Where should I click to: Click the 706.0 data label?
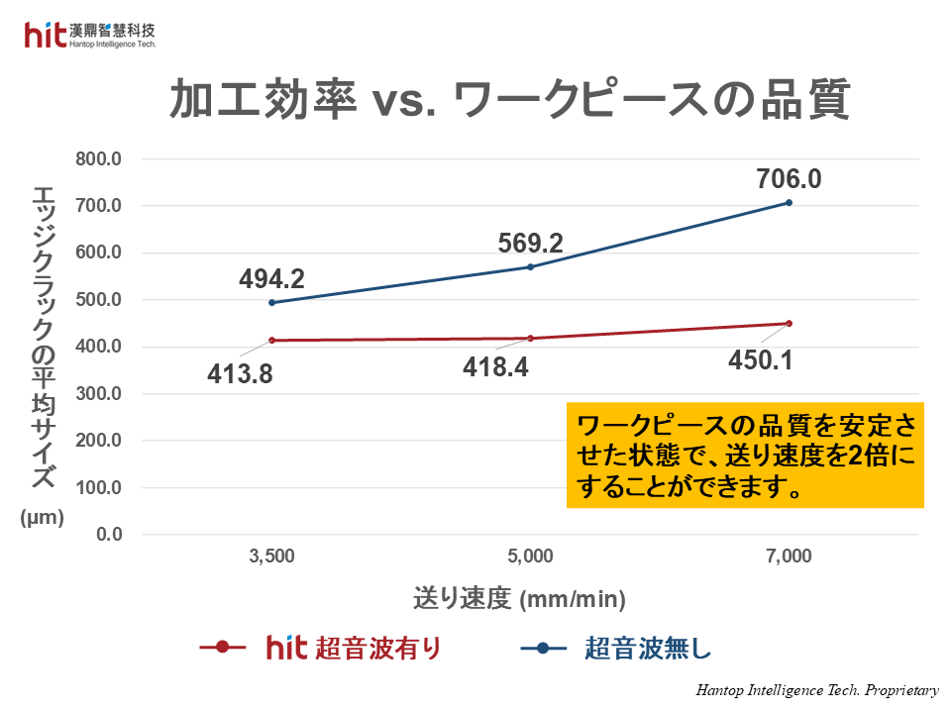(x=789, y=179)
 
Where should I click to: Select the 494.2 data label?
(x=271, y=279)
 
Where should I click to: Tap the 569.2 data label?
(x=530, y=244)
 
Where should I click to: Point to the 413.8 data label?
(x=240, y=374)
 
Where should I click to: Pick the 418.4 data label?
(x=495, y=367)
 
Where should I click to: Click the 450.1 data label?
(x=760, y=360)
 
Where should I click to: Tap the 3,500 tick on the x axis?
(x=271, y=557)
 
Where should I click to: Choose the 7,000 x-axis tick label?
(x=789, y=557)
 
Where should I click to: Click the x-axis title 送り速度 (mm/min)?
(x=520, y=598)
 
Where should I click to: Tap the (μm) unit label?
(x=42, y=516)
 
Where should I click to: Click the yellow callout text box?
(x=745, y=456)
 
